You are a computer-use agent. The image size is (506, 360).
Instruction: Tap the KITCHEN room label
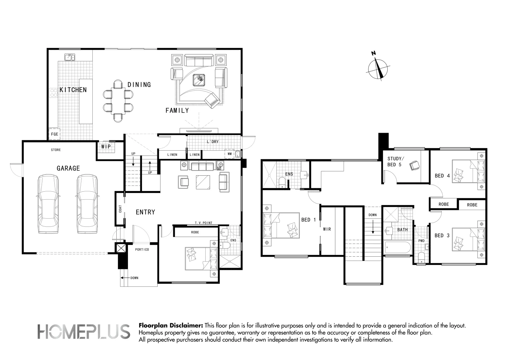pos(73,90)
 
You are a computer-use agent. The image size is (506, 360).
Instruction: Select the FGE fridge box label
pos(54,134)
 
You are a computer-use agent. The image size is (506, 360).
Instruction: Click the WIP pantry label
pos(106,147)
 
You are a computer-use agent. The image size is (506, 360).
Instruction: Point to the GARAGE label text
pos(68,168)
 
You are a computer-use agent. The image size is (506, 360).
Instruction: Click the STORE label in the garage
pos(56,150)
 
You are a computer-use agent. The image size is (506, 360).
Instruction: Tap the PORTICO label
pos(142,250)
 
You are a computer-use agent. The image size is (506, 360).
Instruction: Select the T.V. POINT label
pos(204,223)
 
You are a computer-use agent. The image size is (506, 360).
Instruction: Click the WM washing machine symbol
pos(230,154)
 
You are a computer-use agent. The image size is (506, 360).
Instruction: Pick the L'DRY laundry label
pos(213,142)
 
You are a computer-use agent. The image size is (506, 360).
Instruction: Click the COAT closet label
pos(120,209)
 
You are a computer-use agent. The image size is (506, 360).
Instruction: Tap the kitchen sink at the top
pos(70,57)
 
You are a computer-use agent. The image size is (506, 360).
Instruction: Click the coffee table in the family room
pos(199,80)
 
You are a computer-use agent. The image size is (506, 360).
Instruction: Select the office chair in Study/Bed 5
pos(415,166)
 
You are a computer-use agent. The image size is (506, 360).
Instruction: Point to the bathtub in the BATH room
pos(397,248)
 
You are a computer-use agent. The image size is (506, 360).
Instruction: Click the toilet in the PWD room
pos(421,258)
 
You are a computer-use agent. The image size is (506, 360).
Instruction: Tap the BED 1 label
pos(308,220)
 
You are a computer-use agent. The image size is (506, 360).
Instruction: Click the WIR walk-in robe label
pos(327,229)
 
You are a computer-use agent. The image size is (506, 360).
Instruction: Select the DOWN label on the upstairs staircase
pos(372,215)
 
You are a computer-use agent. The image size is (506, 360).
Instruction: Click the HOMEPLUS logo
pos(84,331)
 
